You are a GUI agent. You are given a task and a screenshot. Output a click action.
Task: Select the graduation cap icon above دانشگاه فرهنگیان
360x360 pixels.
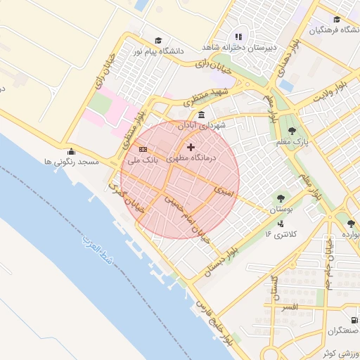[x=337, y=19]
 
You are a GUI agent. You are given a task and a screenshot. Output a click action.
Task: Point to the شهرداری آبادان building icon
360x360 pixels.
[x=202, y=115]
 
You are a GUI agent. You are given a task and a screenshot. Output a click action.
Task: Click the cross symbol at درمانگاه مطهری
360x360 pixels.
[x=191, y=147]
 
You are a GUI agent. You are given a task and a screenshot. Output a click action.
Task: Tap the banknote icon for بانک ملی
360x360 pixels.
[x=143, y=149]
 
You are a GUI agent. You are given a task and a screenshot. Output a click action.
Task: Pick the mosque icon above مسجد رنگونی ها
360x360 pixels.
[x=70, y=151]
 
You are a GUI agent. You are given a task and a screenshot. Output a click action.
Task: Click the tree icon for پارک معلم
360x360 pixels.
[x=292, y=130]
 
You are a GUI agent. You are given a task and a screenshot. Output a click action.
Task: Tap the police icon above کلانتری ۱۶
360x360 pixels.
[x=281, y=224]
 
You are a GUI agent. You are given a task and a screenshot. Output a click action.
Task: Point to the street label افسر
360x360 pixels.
[x=289, y=307]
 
